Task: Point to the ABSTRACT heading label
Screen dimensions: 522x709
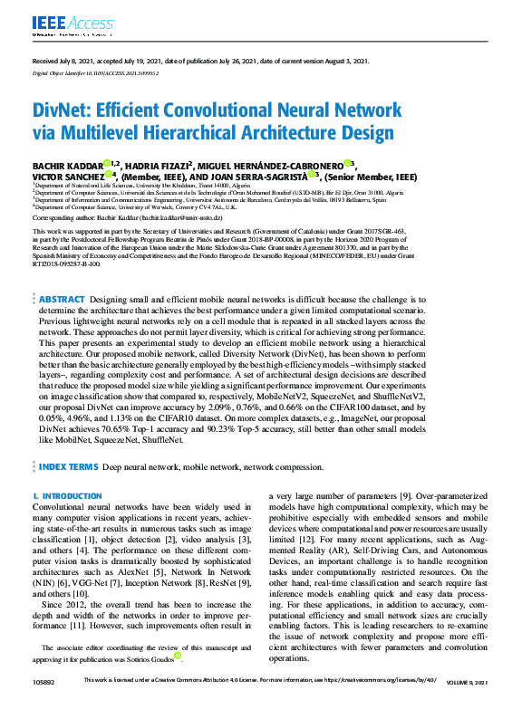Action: click(63, 298)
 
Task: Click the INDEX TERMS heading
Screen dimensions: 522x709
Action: click(68, 465)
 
